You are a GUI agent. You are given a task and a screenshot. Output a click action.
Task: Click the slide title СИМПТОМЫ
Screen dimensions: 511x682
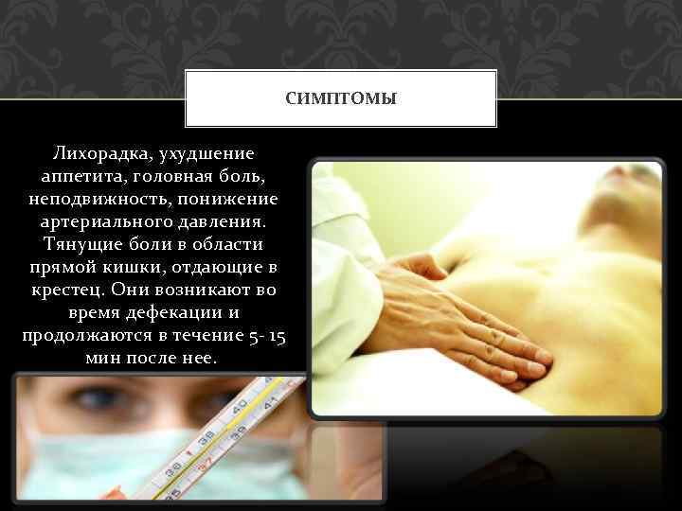341,97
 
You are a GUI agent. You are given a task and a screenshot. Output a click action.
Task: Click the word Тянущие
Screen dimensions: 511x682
73,244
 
